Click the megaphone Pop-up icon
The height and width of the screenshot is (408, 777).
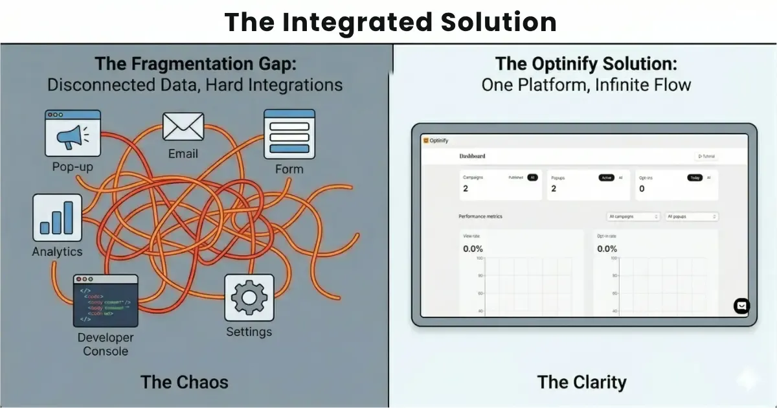tap(73, 134)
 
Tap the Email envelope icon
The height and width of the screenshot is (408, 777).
tap(183, 126)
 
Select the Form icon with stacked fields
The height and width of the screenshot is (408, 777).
tap(289, 134)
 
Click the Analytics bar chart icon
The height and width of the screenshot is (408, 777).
tap(58, 218)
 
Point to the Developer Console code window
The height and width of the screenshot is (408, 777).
tap(106, 300)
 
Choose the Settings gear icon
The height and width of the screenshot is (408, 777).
tap(249, 297)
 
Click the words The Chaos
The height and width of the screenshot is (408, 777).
tap(185, 381)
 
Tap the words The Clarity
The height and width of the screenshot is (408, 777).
tap(581, 381)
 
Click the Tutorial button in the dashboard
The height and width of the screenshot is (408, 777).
tap(706, 156)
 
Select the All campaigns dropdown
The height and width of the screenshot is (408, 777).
tap(633, 216)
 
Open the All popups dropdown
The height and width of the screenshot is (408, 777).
tap(692, 216)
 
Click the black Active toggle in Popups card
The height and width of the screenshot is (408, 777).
tap(606, 177)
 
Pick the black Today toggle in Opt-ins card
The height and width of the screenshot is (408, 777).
tap(695, 177)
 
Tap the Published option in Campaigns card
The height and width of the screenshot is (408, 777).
tap(516, 177)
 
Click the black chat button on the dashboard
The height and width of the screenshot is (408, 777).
tap(741, 306)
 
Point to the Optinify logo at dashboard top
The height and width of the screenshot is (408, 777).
tap(436, 141)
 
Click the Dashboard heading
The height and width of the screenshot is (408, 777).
tap(472, 156)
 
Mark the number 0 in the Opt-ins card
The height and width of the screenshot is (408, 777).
tap(642, 189)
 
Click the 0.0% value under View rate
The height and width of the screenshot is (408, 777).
tap(473, 249)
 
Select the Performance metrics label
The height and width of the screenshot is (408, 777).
tap(480, 216)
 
